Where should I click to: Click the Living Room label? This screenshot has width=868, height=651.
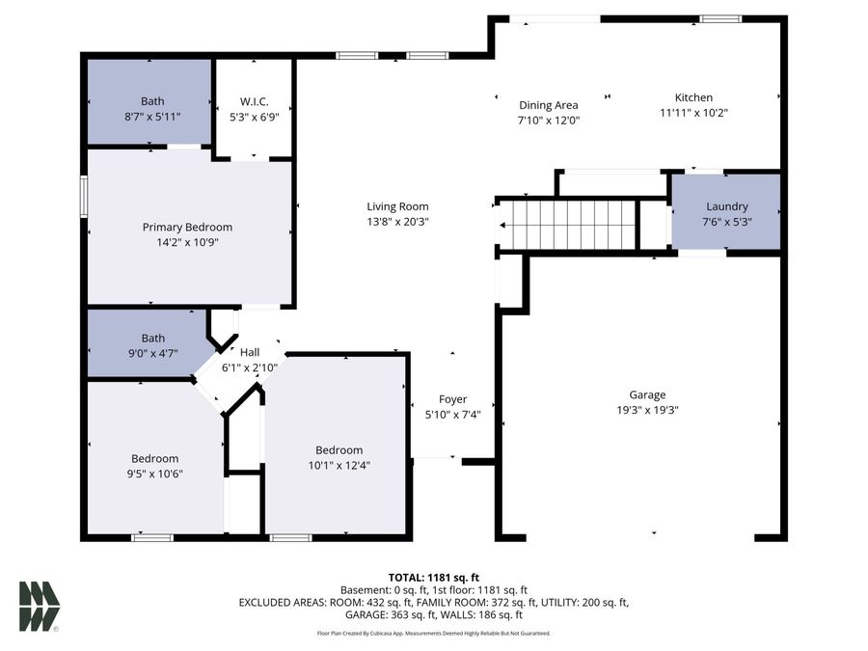(397, 206)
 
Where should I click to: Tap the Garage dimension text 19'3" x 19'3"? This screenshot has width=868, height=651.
(647, 409)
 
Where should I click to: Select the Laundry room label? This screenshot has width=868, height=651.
(726, 206)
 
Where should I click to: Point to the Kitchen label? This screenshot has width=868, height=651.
(693, 97)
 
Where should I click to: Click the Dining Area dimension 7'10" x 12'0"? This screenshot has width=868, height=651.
(548, 121)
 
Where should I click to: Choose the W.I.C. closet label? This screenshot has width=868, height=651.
(254, 101)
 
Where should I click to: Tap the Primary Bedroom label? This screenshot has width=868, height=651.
(187, 228)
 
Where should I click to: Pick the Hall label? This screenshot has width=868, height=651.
(250, 352)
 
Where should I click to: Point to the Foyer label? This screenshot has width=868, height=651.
(452, 399)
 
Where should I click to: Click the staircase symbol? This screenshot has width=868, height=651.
(568, 225)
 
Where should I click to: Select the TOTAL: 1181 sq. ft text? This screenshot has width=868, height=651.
(433, 577)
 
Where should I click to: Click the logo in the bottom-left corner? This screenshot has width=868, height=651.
(40, 607)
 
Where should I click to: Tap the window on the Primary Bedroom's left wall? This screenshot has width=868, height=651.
(84, 196)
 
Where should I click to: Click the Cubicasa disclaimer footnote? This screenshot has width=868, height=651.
(433, 634)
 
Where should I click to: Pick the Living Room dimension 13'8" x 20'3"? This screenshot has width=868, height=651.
(397, 221)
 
